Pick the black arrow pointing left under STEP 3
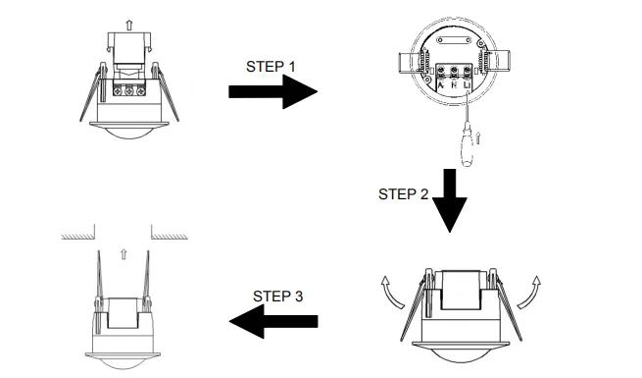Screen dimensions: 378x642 coord(274,321)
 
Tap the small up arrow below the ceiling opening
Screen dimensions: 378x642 coord(123,253)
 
